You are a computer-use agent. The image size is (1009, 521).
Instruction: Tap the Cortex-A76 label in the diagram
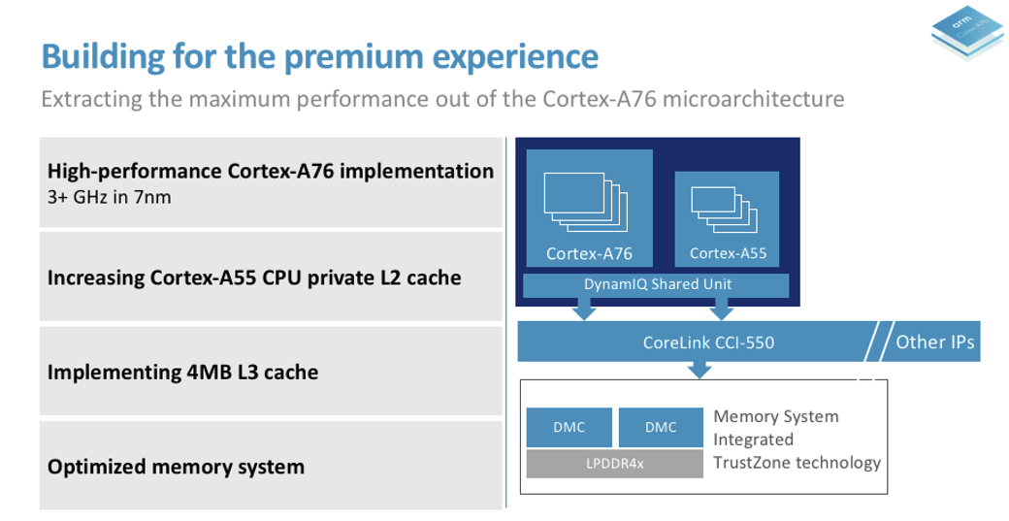tap(589, 254)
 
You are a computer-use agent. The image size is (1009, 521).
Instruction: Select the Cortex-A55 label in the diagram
tap(728, 254)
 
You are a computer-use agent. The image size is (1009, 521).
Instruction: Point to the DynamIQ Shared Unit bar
tap(657, 284)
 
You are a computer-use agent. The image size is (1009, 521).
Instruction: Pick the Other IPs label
tap(934, 342)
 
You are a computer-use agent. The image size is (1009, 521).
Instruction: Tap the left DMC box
tap(570, 427)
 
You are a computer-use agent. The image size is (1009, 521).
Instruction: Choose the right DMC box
tap(661, 427)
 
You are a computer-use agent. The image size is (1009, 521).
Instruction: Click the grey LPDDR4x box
tap(615, 464)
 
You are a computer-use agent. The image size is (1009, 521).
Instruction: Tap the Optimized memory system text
tap(176, 467)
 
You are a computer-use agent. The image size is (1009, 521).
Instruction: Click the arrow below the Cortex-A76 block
tap(584, 309)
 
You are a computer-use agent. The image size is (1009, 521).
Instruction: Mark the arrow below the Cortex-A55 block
tap(721, 309)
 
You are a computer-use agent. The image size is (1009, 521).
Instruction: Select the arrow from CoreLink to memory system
tap(699, 369)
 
